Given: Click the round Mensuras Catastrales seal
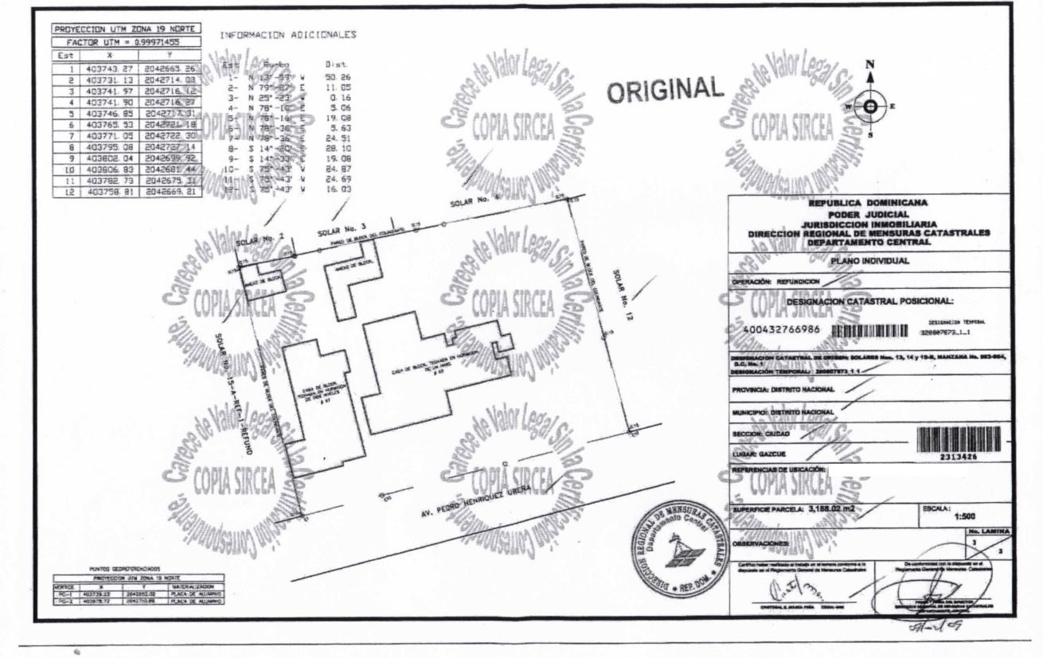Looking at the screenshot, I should (677, 554).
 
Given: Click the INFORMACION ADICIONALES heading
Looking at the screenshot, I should (287, 35).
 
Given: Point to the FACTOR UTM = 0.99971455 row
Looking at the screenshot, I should (125, 41).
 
